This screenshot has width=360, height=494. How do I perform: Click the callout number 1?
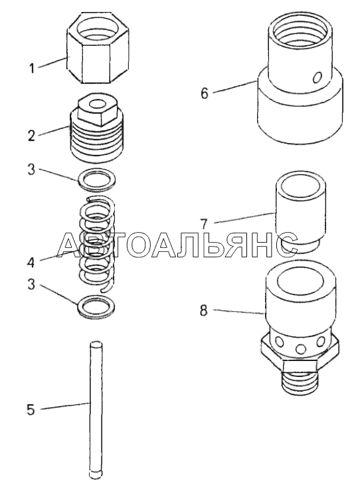(31, 68)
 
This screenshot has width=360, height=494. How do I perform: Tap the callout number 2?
(31, 136)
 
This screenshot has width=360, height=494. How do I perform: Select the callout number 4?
(31, 262)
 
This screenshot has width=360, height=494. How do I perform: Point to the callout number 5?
(31, 410)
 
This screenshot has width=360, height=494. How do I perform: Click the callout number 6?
(205, 94)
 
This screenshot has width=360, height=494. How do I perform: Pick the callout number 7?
(204, 224)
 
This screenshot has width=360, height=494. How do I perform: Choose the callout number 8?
(204, 311)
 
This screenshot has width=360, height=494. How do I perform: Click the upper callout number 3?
(31, 170)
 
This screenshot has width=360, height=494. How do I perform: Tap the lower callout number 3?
(31, 285)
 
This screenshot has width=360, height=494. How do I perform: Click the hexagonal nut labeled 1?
(98, 48)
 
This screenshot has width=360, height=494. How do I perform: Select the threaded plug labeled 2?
(96, 128)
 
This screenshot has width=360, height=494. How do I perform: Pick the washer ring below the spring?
(96, 307)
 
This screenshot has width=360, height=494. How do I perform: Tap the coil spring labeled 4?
(96, 243)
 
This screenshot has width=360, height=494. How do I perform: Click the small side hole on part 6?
(317, 77)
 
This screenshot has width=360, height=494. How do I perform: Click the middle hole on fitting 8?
(301, 349)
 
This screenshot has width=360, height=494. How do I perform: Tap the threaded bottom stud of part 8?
(300, 382)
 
